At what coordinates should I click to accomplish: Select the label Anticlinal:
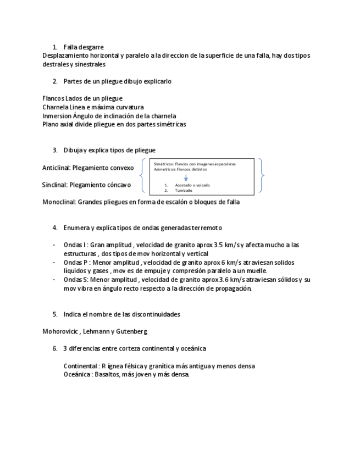tap(57, 168)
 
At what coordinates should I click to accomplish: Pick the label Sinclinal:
tap(55, 185)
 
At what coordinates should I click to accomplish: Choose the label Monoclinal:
tap(59, 202)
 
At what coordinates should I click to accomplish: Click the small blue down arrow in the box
tap(186, 177)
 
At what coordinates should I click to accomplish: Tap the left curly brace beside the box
tap(143, 176)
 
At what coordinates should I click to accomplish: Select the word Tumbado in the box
tap(184, 190)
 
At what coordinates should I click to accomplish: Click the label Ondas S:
tap(76, 280)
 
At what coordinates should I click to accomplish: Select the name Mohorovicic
tap(61, 331)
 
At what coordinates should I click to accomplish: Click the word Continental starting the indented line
tap(81, 365)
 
